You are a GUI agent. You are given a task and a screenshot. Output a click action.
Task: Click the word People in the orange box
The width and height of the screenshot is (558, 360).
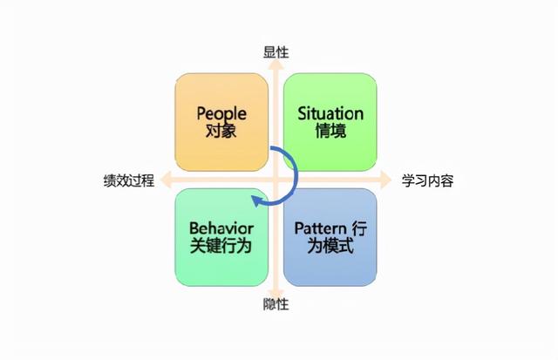[x=221, y=113]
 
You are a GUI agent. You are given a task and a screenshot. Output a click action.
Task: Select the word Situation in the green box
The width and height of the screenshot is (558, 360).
[x=330, y=113]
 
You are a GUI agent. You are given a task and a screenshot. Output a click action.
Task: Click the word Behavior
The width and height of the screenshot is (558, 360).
[x=221, y=228]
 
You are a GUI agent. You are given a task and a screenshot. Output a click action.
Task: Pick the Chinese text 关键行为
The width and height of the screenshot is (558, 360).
[x=221, y=247]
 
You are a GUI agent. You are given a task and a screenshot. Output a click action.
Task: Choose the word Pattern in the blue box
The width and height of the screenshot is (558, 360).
[x=319, y=228]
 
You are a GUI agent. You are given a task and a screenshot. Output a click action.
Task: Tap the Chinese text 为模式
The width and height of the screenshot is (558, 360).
[x=330, y=247]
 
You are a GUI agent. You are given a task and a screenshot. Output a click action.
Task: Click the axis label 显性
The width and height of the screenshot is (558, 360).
[x=276, y=52]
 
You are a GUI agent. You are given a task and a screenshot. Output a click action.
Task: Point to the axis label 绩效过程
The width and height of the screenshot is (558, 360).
[x=128, y=181]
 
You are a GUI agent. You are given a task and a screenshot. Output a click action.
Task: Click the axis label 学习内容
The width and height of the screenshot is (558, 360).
[x=427, y=181]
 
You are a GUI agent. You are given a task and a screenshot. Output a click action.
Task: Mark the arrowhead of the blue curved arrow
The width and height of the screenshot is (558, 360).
[x=256, y=201]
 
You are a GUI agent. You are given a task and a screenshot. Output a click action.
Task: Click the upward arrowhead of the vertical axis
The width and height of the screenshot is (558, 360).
[x=276, y=66]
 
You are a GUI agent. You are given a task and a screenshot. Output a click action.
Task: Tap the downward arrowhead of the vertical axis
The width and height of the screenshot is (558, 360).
[x=276, y=291]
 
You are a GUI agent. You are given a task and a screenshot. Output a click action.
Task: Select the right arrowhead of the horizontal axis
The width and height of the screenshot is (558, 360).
[x=391, y=181]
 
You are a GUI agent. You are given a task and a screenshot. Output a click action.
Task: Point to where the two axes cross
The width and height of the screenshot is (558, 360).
[x=276, y=181]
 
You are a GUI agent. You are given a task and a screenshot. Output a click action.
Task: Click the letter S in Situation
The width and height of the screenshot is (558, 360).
[x=302, y=113]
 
